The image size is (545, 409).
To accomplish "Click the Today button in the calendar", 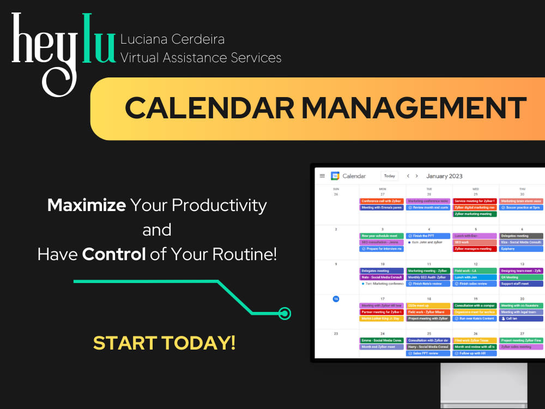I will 389,176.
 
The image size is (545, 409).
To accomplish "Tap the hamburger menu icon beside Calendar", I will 322,176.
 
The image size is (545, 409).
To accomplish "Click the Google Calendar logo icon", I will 335,176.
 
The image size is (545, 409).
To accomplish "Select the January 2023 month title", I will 444,176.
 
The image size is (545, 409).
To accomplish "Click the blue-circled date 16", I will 336,299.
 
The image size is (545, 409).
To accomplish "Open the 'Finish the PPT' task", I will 428,236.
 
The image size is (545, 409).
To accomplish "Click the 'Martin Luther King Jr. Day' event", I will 381,318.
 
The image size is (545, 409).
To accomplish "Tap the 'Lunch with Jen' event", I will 475,277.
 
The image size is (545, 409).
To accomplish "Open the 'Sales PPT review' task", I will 428,353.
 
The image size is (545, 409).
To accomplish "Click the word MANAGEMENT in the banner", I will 414,108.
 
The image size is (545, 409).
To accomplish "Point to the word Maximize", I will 87,206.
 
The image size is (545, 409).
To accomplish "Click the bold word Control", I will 113,254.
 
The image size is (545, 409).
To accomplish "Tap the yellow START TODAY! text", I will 164,343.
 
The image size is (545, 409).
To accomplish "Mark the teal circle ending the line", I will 284,314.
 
